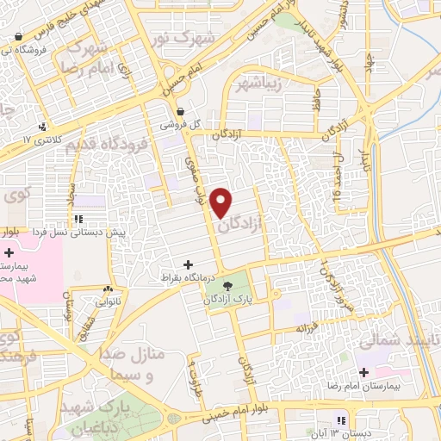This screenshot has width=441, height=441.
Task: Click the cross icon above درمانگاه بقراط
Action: [188, 264]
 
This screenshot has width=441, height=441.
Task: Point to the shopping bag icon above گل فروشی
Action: [180, 111]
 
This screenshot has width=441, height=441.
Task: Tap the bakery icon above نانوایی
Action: [109, 289]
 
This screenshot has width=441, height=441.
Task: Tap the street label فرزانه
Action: [307, 327]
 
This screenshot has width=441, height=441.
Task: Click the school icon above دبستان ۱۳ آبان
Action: [341, 420]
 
